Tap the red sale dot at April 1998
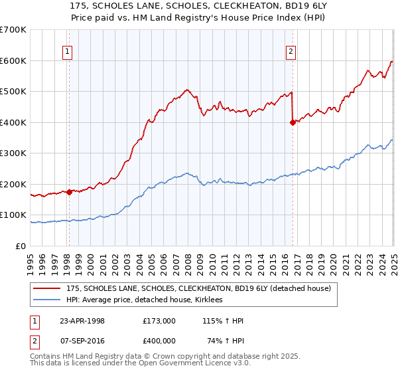pyautogui.click(x=69, y=193)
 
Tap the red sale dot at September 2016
pyautogui.click(x=293, y=122)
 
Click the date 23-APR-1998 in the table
pyautogui.click(x=82, y=321)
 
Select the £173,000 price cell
pyautogui.click(x=159, y=321)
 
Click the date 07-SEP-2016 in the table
pyautogui.click(x=82, y=341)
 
